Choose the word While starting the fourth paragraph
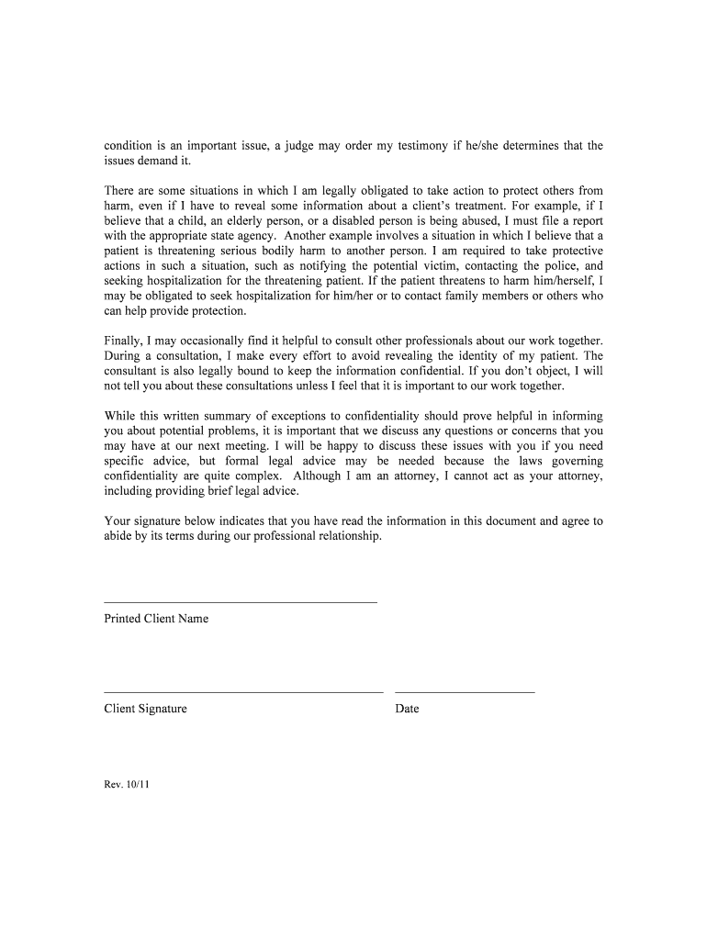120,416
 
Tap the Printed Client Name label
156,619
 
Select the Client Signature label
145,709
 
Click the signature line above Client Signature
243,692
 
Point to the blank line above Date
465,692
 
